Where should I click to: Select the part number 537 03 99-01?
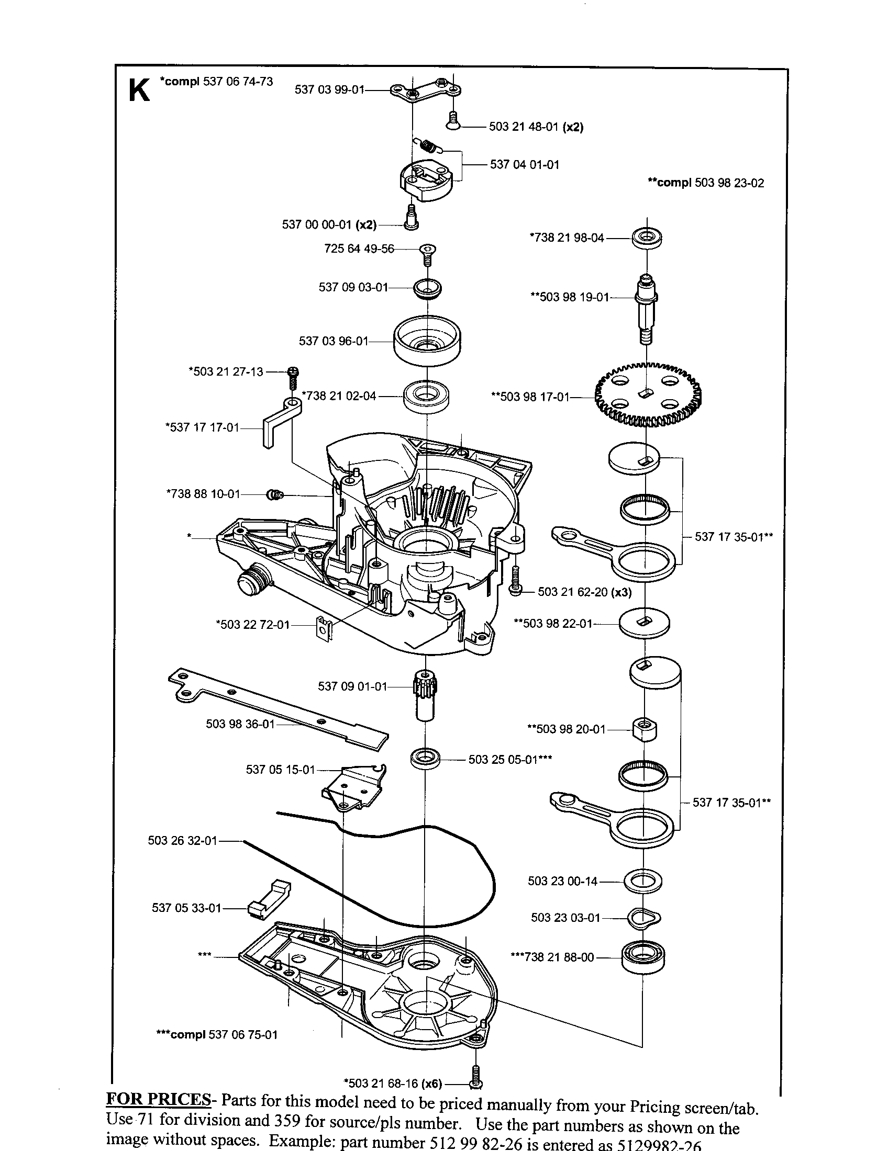329,89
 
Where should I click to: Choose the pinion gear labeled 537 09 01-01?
426,696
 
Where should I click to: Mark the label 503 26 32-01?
182,841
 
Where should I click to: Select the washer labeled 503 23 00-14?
643,881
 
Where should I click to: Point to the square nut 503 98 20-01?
645,730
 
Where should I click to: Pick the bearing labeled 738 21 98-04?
646,238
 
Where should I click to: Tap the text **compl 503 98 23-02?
705,183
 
